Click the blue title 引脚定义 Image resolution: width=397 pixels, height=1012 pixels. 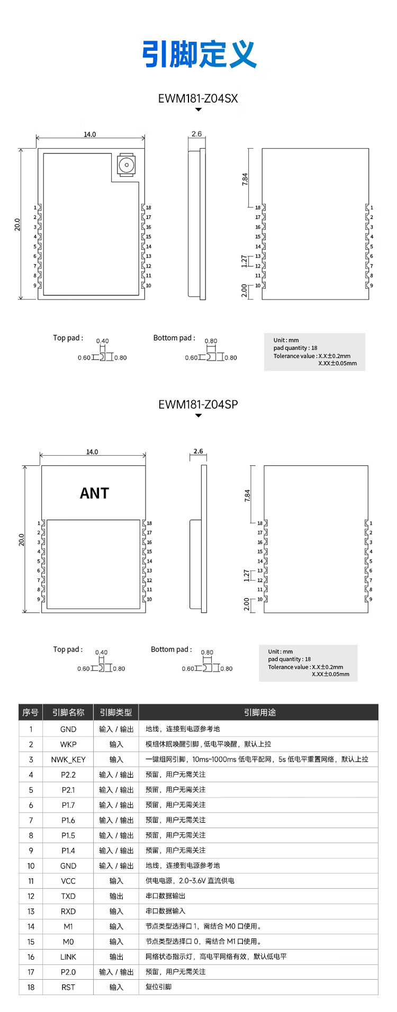199,54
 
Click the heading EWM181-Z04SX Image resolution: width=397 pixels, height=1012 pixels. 198,98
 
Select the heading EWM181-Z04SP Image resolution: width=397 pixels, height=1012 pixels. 198,404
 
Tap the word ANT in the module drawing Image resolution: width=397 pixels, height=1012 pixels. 94,493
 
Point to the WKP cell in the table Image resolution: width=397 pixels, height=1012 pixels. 68,744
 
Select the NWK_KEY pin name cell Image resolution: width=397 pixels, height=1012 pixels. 68,759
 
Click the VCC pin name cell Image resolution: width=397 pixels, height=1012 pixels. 68,881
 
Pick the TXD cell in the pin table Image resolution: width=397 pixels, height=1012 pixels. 68,896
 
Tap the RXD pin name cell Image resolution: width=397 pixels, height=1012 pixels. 68,911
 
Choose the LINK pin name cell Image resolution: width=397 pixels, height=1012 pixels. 68,956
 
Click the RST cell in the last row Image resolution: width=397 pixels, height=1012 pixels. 68,987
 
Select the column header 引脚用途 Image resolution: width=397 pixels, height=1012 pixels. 259,712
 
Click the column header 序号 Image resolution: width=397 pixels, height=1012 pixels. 31,712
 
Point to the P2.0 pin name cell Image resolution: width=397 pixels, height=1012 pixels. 68,972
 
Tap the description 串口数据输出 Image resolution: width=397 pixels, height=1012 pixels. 166,896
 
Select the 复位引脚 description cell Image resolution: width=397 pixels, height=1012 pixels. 159,987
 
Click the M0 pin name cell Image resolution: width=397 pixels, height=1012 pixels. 68,942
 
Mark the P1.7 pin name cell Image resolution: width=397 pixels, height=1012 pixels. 68,805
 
